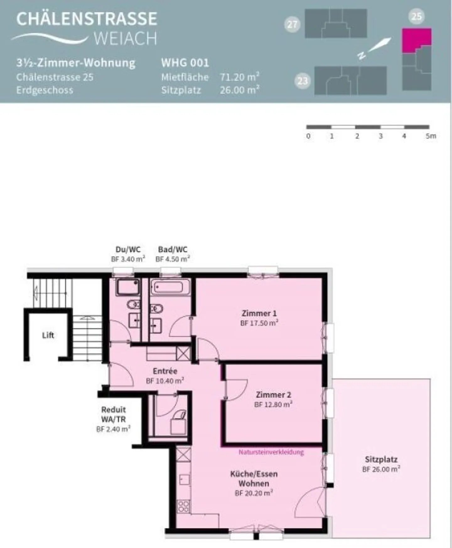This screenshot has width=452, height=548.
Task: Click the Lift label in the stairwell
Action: pos(48,335)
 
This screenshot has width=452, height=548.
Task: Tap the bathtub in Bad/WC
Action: pos(170,287)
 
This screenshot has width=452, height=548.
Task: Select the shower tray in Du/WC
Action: pos(128,287)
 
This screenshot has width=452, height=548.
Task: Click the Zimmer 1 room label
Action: pos(259,313)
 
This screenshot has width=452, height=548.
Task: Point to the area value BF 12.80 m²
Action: pos(273,404)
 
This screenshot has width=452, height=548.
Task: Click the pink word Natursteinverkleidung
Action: pos(271,452)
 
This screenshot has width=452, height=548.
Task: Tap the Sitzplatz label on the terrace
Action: pos(381,459)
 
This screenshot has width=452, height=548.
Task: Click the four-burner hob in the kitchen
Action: pos(183,506)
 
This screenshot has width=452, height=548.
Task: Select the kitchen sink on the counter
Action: pos(184,479)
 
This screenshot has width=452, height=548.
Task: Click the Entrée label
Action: pos(165,371)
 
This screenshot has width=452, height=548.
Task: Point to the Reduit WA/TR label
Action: pos(113,414)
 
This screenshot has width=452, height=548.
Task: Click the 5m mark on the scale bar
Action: pos(431,136)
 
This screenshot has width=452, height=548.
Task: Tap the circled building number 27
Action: pos(292,24)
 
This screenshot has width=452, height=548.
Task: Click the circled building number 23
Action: pos(302,81)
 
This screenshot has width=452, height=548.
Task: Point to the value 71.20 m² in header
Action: pos(239,77)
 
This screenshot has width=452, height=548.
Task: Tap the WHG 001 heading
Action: pos(185,63)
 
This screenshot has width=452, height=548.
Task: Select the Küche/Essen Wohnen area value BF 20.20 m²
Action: pos(254,493)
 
